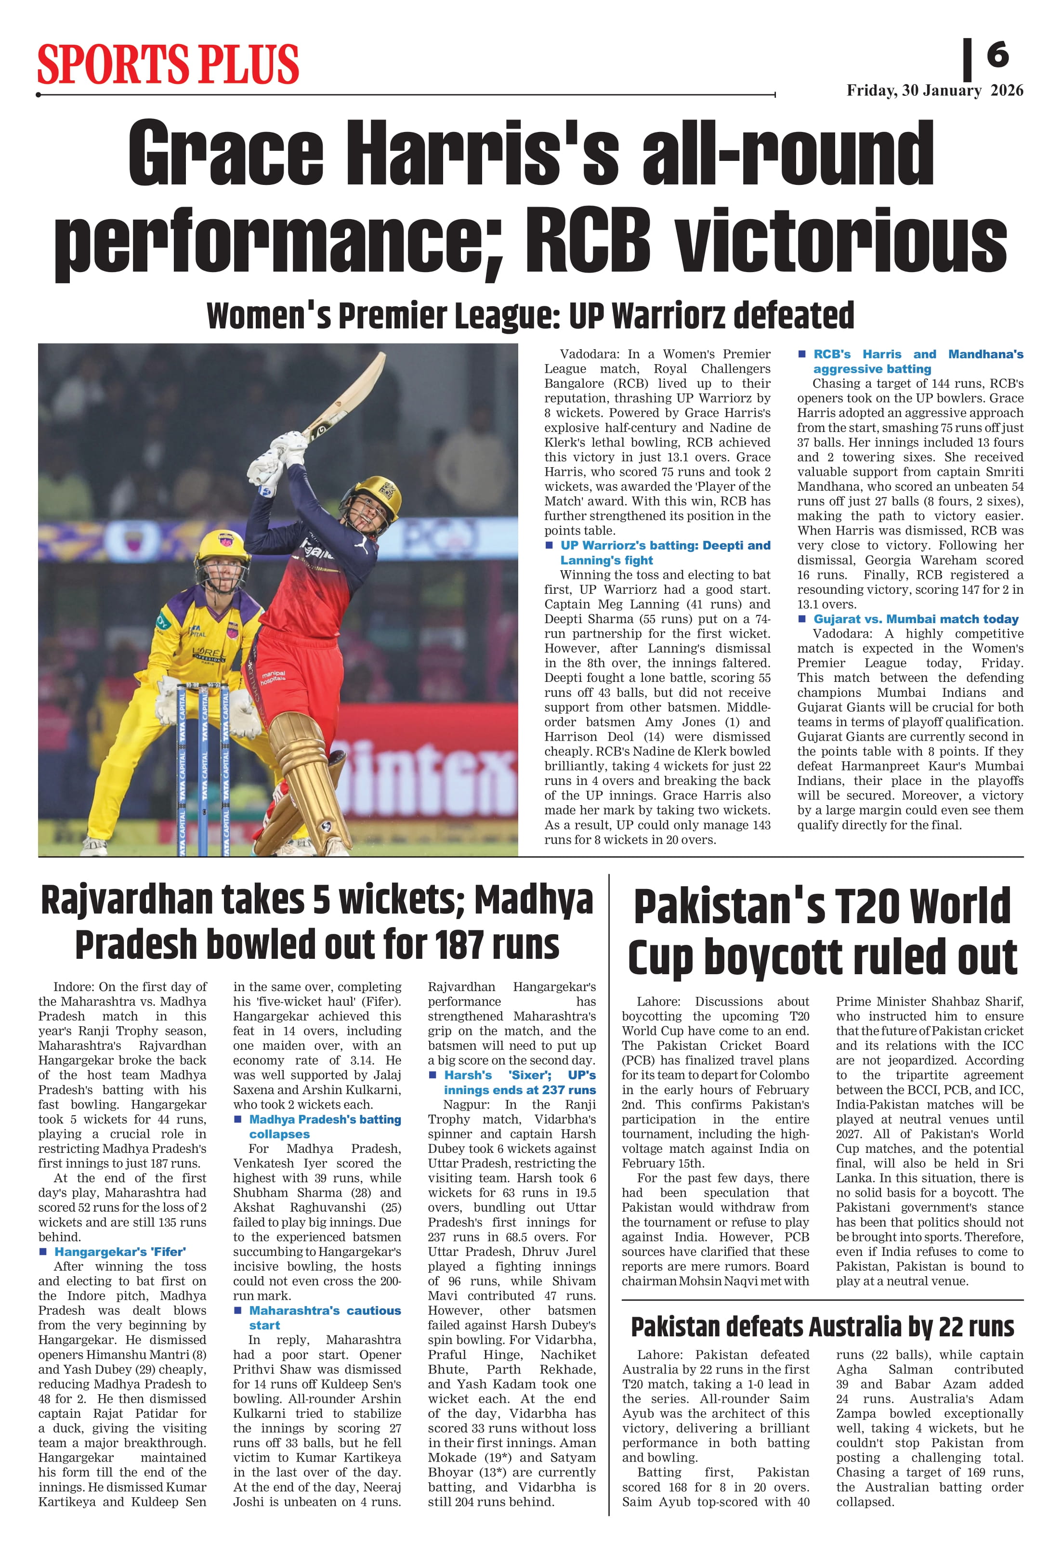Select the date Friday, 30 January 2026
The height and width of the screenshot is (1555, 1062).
pos(934,91)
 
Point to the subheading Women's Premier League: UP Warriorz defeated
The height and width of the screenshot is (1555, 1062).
pos(530,315)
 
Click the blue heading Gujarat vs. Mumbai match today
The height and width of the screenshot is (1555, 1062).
pos(916,619)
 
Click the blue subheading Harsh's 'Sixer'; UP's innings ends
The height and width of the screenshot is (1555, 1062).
pos(519,1082)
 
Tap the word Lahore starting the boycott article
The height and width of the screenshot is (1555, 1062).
pos(658,1001)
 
